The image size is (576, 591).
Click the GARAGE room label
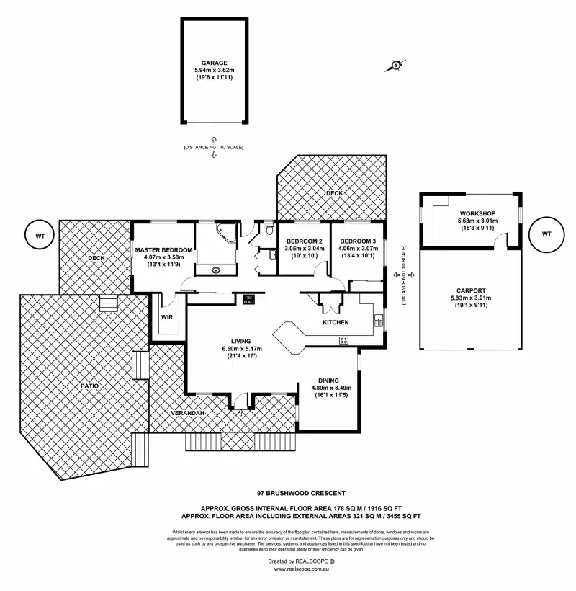point(214,63)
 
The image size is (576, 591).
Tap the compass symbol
point(397,66)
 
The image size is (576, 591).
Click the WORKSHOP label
point(477,214)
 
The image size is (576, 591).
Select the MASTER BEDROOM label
point(163,250)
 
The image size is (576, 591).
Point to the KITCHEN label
point(336,322)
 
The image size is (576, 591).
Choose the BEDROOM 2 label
point(303,241)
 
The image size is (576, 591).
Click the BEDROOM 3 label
point(358,241)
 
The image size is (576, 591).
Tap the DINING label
point(330,381)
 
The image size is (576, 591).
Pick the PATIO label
point(89,386)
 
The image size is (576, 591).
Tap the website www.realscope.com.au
point(302,569)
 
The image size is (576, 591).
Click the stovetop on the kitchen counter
point(343,340)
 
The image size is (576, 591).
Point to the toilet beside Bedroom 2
point(269,230)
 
